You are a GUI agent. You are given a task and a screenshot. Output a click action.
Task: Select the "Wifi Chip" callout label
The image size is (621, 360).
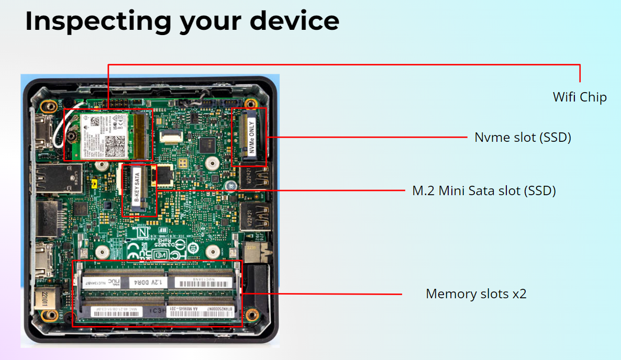click(x=580, y=97)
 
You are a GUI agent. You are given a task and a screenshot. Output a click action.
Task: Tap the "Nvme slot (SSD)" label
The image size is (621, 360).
click(x=523, y=138)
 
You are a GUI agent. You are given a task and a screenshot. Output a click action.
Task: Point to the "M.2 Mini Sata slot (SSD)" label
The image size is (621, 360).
click(x=484, y=191)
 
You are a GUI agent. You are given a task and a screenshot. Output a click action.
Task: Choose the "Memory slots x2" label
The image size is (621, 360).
click(x=476, y=294)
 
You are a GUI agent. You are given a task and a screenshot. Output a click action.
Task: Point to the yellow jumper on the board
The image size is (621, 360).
click(x=92, y=184)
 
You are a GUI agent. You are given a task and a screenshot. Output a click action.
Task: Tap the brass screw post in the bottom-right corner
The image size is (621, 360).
click(x=252, y=314)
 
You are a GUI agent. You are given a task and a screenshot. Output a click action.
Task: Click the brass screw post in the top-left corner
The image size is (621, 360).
click(x=50, y=106)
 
